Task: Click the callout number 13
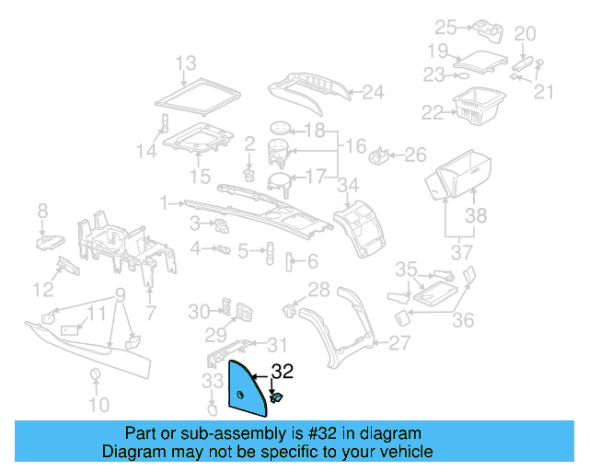tap(186, 63)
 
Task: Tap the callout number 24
tap(372, 92)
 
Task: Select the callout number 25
tap(445, 27)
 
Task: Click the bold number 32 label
tap(282, 372)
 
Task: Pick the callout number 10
tap(98, 405)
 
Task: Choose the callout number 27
tap(398, 343)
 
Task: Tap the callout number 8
tap(41, 213)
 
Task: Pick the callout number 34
tap(346, 186)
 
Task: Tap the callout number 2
tap(249, 144)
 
